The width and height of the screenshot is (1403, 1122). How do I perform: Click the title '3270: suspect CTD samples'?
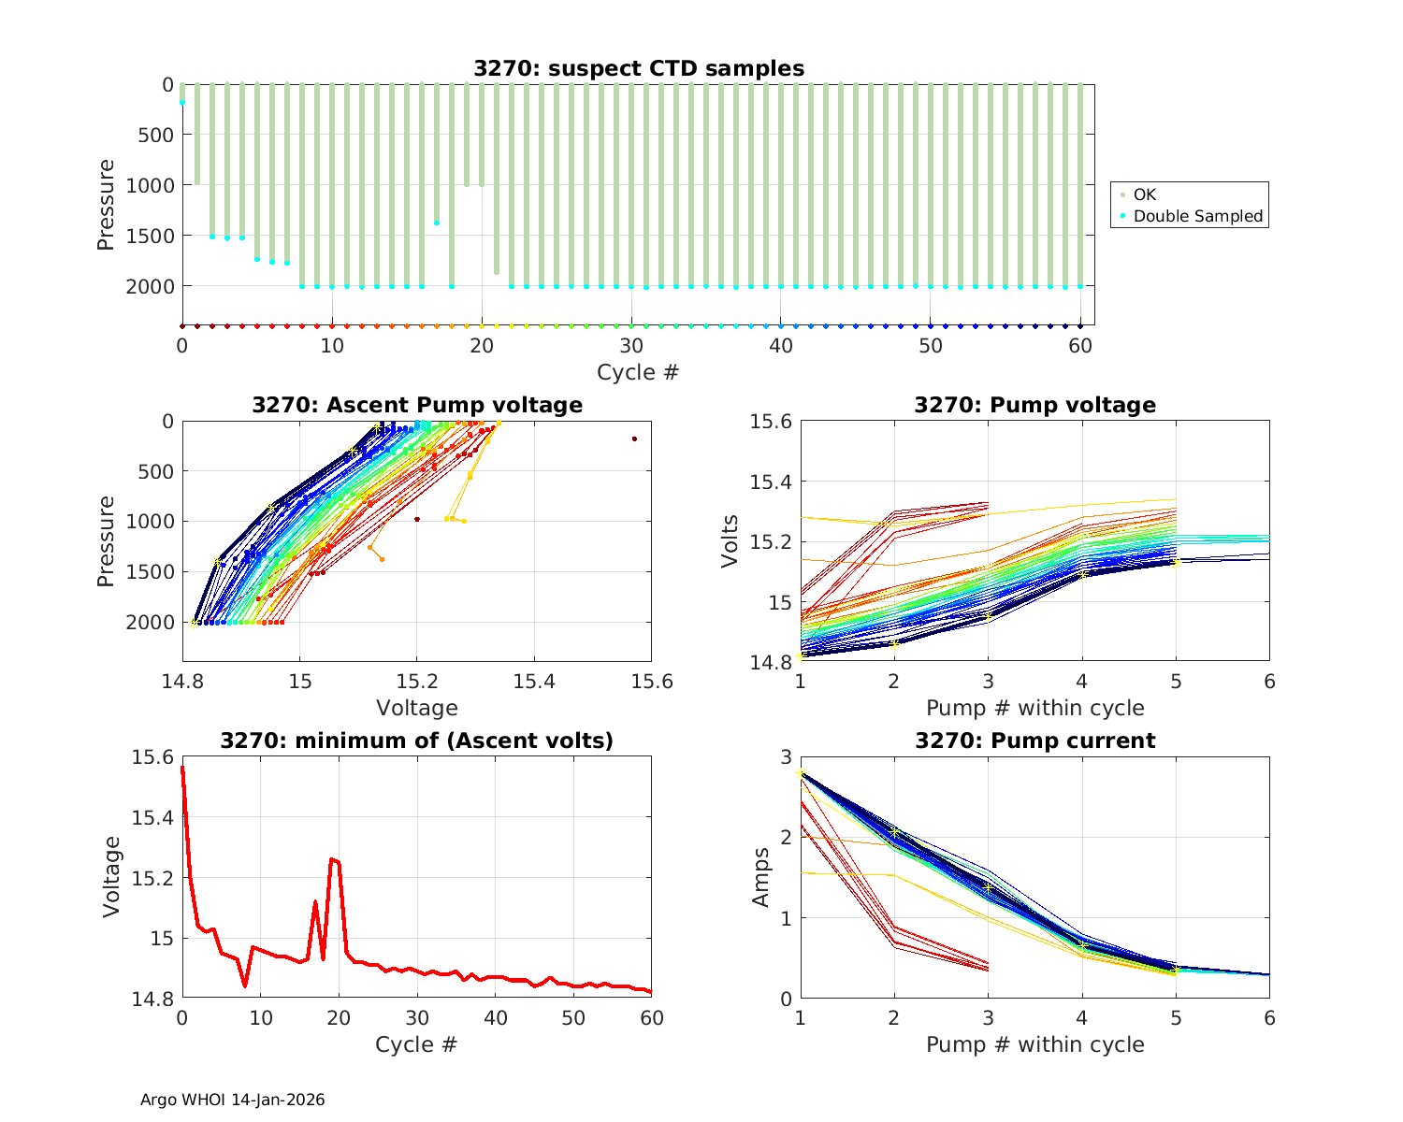pos(638,68)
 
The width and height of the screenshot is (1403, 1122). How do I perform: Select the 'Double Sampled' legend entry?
pos(1197,216)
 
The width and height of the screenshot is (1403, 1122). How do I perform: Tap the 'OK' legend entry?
pos(1145,194)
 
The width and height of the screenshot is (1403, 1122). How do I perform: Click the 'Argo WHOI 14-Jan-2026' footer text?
pos(232,1100)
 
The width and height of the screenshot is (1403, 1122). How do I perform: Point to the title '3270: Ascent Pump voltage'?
pos(416,405)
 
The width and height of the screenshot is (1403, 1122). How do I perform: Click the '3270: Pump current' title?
pos(1034,741)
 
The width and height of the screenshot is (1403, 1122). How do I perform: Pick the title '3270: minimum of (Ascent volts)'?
pos(416,741)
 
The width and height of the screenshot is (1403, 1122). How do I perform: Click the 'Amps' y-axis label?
pos(761,877)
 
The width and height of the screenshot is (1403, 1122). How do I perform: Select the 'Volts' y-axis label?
pos(730,541)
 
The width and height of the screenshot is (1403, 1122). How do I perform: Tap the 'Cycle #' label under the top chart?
pos(638,372)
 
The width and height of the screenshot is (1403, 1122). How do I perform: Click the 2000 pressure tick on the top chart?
pos(149,286)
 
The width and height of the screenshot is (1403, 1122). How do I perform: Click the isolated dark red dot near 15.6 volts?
pos(634,439)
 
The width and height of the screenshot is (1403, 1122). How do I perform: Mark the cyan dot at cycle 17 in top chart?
pos(437,223)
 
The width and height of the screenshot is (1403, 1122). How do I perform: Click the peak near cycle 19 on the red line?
pos(331,858)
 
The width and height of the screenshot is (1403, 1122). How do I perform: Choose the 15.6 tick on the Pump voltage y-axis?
pos(770,422)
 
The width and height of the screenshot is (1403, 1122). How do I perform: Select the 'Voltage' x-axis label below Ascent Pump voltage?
pos(416,708)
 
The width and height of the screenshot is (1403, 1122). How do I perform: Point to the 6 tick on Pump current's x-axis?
pos(1269,1017)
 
